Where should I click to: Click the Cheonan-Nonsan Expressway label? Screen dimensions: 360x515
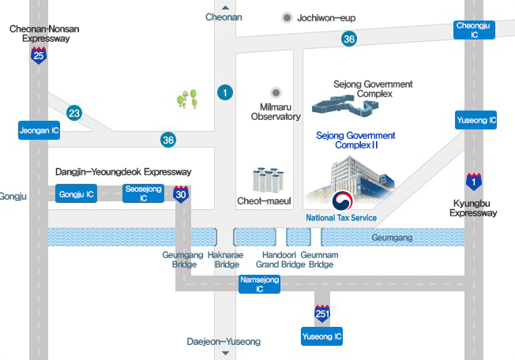click(x=44, y=33)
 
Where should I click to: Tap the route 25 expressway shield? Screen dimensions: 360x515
click(x=39, y=54)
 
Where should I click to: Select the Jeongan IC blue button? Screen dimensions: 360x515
click(x=39, y=130)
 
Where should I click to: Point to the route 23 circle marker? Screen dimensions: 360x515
click(x=74, y=114)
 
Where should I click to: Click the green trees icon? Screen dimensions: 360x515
click(x=187, y=99)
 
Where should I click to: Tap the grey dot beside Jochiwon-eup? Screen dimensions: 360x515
click(x=286, y=17)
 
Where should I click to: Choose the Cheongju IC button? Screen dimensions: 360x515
click(x=476, y=30)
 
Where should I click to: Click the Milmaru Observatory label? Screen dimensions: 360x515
click(x=276, y=111)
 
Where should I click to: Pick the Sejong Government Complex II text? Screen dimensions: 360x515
click(x=355, y=141)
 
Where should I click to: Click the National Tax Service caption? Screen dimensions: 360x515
click(x=341, y=218)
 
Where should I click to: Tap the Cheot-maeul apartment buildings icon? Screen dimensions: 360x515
click(x=268, y=180)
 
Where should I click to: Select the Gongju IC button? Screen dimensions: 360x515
click(x=77, y=193)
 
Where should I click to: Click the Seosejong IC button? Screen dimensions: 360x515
click(x=144, y=193)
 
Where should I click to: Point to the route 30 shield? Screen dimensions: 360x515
click(x=182, y=193)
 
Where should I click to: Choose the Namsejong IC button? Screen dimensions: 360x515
click(x=260, y=284)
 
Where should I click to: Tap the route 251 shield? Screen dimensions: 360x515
click(x=321, y=313)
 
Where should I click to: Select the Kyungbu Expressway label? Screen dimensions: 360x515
click(x=473, y=207)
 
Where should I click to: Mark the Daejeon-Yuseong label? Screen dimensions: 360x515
click(x=224, y=342)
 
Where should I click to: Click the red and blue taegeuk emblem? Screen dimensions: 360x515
click(x=342, y=200)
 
